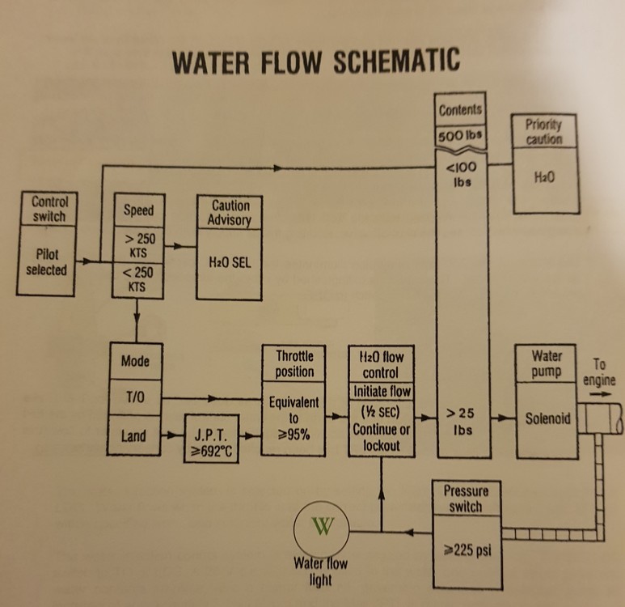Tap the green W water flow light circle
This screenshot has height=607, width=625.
[x=322, y=529]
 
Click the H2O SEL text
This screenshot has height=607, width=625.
[x=230, y=264]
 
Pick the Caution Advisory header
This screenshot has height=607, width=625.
[x=230, y=213]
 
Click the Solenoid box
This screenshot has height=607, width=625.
[x=548, y=419]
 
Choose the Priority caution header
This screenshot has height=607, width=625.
[x=543, y=131]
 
